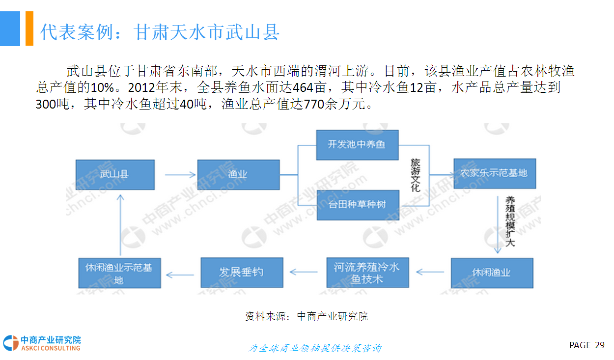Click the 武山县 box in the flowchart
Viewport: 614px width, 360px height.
pos(115,174)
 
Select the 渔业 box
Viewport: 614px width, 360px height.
pos(238,174)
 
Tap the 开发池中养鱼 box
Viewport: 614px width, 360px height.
pos(357,145)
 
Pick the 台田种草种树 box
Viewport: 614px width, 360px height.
pos(357,204)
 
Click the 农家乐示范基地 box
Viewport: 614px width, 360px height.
pos(493,173)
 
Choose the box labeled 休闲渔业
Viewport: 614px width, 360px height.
pos(492,273)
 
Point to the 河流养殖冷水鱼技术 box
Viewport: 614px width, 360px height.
pos(367,273)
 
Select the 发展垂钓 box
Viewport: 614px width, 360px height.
pos(242,273)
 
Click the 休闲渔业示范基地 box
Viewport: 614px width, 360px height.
pos(119,273)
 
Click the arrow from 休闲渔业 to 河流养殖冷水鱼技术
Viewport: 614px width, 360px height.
pos(430,272)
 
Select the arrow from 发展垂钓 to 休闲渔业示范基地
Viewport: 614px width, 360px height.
pos(181,273)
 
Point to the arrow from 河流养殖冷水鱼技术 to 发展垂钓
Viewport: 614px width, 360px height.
pos(304,272)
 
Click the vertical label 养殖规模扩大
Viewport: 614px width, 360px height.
pos(511,221)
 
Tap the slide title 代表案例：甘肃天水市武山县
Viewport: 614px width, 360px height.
pos(160,32)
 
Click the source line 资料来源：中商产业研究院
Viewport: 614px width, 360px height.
pos(307,316)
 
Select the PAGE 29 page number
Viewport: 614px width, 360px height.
pos(587,345)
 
